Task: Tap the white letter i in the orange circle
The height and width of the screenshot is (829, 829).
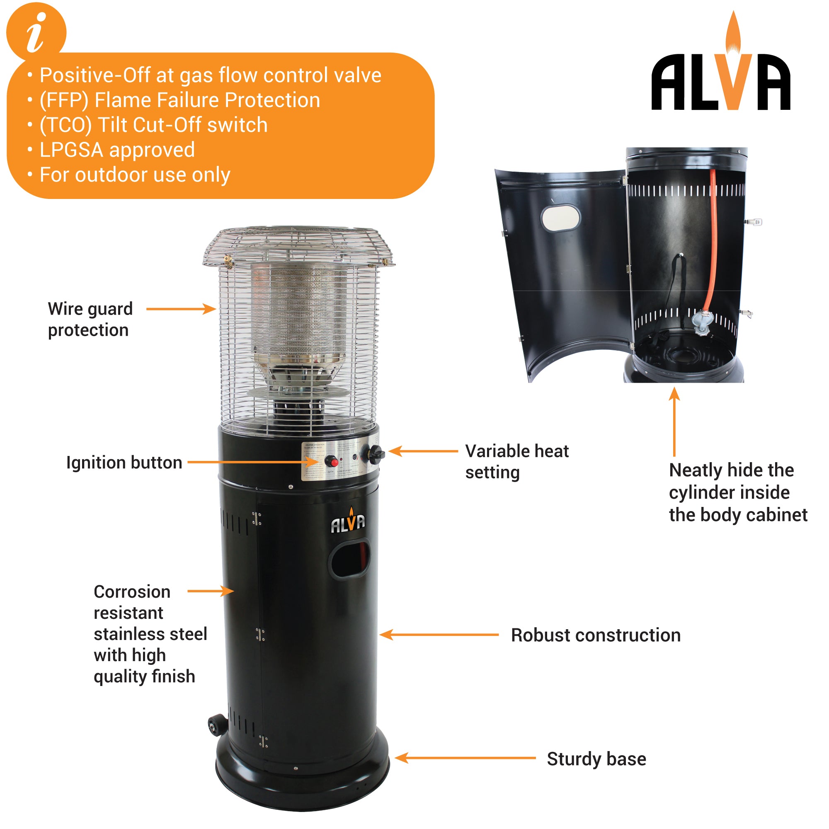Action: tap(36, 32)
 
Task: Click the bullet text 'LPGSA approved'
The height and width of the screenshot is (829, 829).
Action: tap(117, 150)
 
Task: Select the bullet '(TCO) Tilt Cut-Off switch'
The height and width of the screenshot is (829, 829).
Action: tap(154, 125)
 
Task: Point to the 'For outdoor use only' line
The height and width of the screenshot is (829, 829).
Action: tap(135, 175)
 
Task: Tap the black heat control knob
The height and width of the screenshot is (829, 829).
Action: tap(374, 453)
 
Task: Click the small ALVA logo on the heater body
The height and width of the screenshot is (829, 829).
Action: tap(348, 522)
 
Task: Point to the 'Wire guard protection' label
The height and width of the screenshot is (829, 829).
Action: tap(90, 319)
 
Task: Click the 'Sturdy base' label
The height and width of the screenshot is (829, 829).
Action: tap(596, 759)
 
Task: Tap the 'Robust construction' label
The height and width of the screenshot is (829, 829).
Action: tap(596, 635)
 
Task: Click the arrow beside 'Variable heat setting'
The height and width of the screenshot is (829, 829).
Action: tap(423, 451)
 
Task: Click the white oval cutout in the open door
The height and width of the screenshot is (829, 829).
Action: tap(560, 218)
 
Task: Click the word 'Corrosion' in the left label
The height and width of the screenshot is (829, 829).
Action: tap(132, 592)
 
